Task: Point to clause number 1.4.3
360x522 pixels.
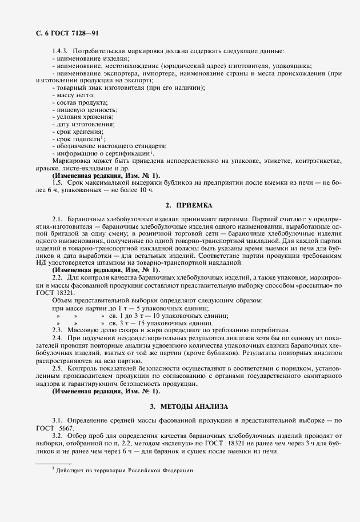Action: pyautogui.click(x=59, y=51)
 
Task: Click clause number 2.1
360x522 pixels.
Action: pyautogui.click(x=57, y=220)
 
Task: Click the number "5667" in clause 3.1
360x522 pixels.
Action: pyautogui.click(x=69, y=428)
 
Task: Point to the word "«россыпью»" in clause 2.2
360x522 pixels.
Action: pyautogui.click(x=315, y=285)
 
